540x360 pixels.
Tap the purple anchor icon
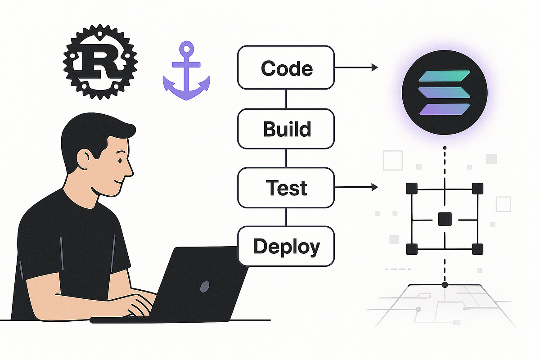point(186,74)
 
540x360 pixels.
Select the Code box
point(286,68)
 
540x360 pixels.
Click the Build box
point(286,129)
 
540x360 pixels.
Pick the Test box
point(286,188)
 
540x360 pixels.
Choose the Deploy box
point(286,246)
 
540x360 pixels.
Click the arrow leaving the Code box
point(355,67)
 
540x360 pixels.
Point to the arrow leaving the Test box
point(355,187)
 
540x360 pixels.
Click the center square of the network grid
point(445,219)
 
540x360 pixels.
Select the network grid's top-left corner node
point(411,188)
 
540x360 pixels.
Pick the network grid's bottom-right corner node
point(477,249)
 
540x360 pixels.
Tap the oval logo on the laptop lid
point(205,286)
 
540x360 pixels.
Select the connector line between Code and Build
point(286,99)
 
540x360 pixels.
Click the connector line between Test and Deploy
point(286,217)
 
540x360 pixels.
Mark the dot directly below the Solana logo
point(445,148)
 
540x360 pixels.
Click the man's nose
point(130,170)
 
